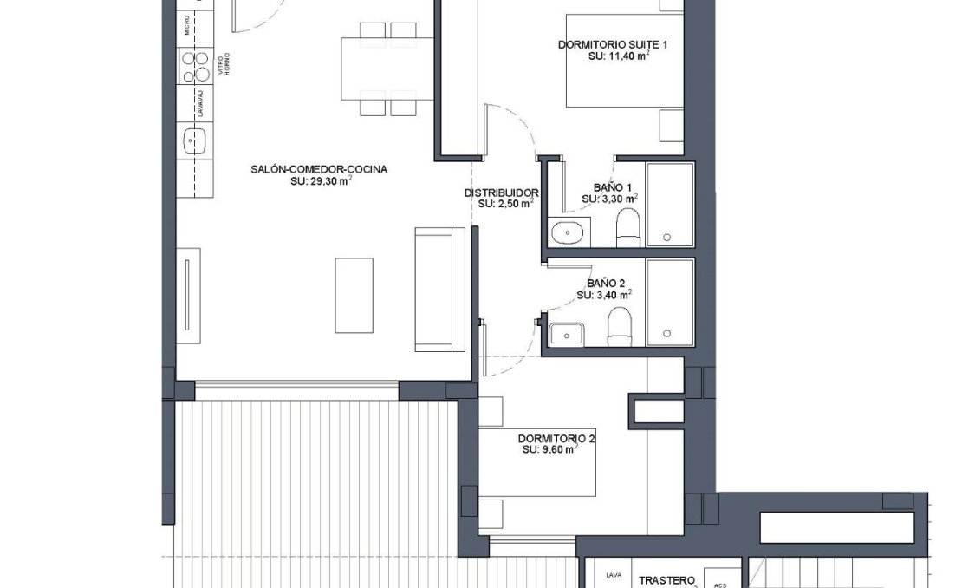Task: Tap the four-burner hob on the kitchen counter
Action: (194, 65)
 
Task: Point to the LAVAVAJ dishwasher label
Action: (200, 102)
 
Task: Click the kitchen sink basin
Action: (194, 140)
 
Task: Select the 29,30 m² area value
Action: (321, 181)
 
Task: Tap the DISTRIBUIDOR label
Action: (502, 193)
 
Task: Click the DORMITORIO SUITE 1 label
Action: (613, 44)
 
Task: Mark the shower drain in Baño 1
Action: (666, 237)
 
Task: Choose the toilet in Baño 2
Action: (619, 328)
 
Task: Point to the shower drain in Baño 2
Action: (666, 333)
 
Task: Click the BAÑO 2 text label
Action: (606, 283)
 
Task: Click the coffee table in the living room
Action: (354, 295)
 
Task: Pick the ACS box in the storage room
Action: (720, 582)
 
